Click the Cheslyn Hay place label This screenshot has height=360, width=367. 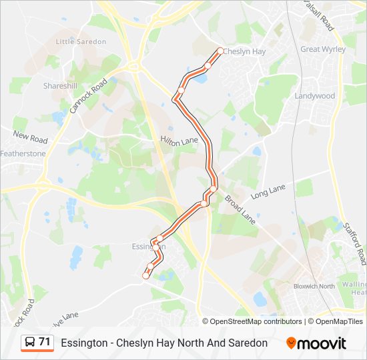(244, 51)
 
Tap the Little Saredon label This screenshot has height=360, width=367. (81, 41)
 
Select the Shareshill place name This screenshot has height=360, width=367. (60, 86)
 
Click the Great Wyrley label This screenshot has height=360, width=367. (323, 49)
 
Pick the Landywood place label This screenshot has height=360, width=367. (315, 96)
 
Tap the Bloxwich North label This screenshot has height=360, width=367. (314, 287)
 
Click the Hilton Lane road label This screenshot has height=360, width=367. (179, 141)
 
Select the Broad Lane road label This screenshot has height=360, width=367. (240, 209)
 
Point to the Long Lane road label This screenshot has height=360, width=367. (268, 193)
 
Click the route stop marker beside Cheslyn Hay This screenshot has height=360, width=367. (220, 51)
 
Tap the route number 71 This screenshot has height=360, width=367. (45, 342)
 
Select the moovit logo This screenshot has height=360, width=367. (316, 343)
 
